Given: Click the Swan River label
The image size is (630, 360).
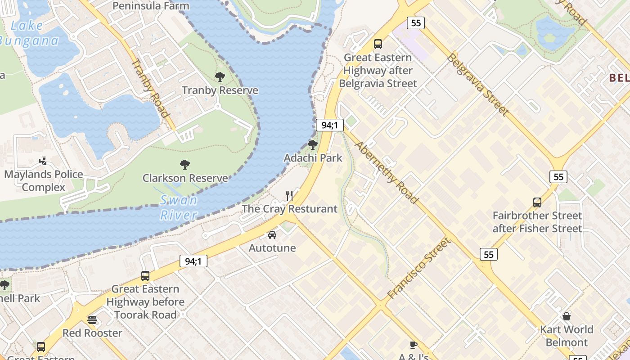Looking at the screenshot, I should pyautogui.click(x=179, y=207).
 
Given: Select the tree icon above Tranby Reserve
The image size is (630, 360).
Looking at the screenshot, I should pyautogui.click(x=220, y=77).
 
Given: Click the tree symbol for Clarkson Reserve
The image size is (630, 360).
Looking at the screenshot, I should pyautogui.click(x=184, y=165).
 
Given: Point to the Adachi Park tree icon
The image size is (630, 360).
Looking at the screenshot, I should pyautogui.click(x=312, y=145).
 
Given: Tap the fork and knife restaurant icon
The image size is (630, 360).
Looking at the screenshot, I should pyautogui.click(x=289, y=196).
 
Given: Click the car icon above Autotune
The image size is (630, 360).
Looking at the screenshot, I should pyautogui.click(x=272, y=235).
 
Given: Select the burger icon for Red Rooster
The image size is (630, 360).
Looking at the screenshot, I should pyautogui.click(x=92, y=320).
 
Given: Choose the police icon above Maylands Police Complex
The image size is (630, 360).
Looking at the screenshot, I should pyautogui.click(x=43, y=161).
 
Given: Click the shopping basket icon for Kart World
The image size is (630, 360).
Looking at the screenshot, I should pyautogui.click(x=567, y=316).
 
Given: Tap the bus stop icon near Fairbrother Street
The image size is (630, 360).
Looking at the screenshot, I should pyautogui.click(x=537, y=202).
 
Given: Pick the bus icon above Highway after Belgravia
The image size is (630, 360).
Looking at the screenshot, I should pyautogui.click(x=378, y=44).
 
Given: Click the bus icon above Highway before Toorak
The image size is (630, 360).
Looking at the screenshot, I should pyautogui.click(x=145, y=276).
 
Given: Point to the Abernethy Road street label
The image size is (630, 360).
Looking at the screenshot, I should pyautogui.click(x=387, y=172).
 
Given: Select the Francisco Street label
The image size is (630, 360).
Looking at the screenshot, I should pyautogui.click(x=419, y=269).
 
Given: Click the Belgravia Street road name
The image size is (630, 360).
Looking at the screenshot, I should pyautogui.click(x=478, y=85).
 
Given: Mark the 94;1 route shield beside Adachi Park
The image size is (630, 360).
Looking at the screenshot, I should pyautogui.click(x=330, y=125).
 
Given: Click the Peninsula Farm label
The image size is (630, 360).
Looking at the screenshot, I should pyautogui.click(x=151, y=6).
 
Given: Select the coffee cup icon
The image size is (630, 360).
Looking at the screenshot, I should pyautogui.click(x=413, y=345).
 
